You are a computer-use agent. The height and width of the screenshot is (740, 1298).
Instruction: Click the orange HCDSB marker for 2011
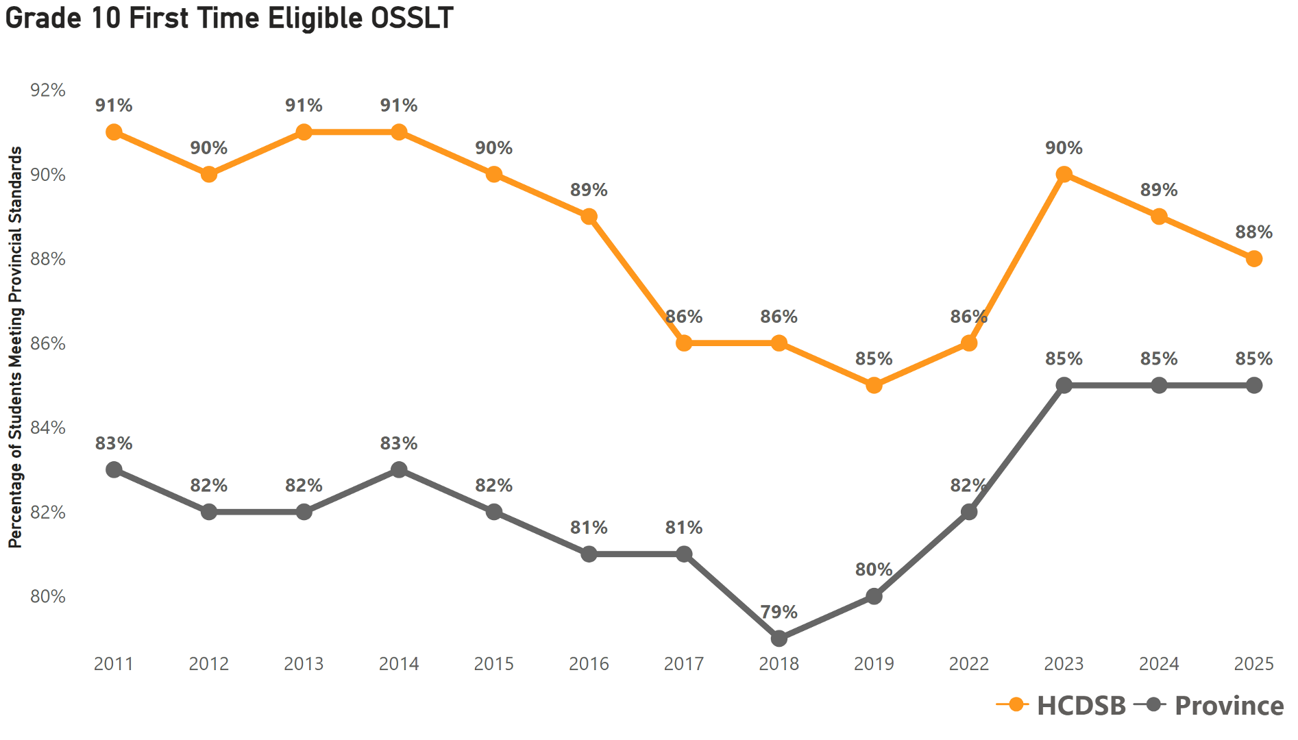pos(114,132)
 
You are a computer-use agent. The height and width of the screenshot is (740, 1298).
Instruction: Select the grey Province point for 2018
pos(779,639)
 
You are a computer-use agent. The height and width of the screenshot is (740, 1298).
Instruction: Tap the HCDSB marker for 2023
pos(1064,175)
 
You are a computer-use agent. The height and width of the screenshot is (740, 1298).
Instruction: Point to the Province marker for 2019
pos(874,597)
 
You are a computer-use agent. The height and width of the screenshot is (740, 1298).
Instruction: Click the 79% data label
pos(779,612)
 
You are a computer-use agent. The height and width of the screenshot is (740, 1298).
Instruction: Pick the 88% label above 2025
pos(1253,232)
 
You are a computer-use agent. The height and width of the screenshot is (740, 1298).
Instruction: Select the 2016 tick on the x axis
pos(589,664)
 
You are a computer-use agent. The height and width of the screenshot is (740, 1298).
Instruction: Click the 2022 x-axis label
pos(968,664)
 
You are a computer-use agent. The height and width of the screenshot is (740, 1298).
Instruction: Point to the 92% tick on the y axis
pos(48,90)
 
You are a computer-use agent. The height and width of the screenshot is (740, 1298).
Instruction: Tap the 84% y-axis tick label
pos(48,428)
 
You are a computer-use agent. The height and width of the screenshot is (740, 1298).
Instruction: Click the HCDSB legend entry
pos(1080,706)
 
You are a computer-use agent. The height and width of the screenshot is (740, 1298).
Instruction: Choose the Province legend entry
pos(1228,706)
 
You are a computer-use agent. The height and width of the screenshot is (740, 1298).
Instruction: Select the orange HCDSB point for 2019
pos(874,386)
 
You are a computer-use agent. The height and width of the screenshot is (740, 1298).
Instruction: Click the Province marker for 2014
pos(399,470)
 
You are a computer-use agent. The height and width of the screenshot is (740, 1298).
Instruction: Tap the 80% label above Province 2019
pos(874,570)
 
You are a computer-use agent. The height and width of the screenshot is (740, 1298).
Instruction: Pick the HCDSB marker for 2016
pos(589,217)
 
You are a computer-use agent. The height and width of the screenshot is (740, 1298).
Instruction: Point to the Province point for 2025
pos(1253,386)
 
